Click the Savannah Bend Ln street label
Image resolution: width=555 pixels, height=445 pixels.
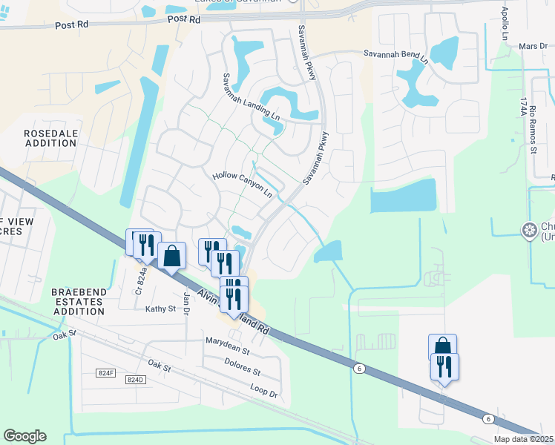pos(396,54)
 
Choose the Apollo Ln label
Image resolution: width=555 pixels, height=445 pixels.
pos(505,24)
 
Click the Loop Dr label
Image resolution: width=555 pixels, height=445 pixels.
pos(263,391)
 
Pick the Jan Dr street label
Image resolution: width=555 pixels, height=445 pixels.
pos(187,303)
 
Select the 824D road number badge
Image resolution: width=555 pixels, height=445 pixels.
pos(134,380)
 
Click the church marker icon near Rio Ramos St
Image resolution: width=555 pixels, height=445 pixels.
pos(529,230)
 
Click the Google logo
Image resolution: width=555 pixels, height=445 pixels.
pos(24,436)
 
